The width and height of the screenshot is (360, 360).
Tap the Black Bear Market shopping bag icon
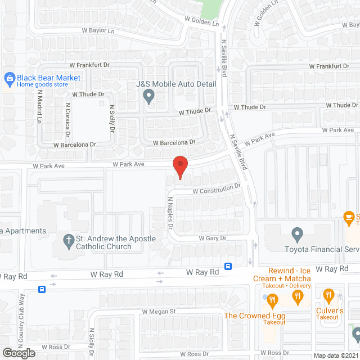click(x=8, y=78)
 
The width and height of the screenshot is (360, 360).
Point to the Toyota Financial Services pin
click(x=298, y=233)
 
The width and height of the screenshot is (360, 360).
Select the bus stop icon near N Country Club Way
click(x=42, y=289)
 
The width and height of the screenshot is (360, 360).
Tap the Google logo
click(x=18, y=353)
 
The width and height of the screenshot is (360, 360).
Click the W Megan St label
click(x=159, y=312)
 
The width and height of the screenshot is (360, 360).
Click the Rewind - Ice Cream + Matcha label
click(x=289, y=274)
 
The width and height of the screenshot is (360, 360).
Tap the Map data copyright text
click(x=335, y=355)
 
